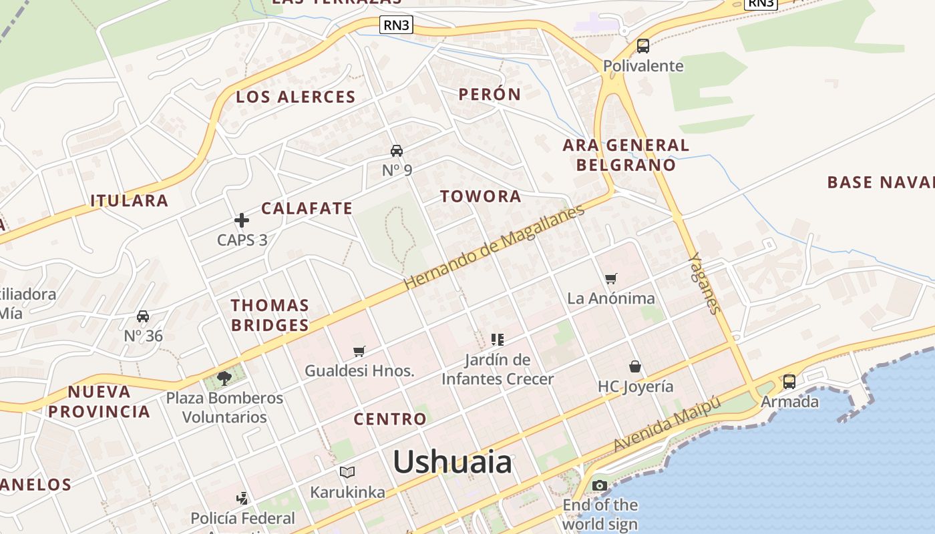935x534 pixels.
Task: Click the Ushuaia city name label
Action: (452, 462)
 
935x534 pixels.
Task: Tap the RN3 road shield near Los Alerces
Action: (397, 25)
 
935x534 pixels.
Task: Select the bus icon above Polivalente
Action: (643, 45)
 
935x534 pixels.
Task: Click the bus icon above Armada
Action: (789, 382)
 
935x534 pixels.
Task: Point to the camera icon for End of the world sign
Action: (600, 485)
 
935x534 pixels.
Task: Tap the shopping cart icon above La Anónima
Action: (611, 278)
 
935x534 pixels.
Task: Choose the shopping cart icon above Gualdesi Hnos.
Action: (359, 351)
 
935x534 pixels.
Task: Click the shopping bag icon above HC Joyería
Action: (635, 366)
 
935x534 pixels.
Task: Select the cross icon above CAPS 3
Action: (242, 220)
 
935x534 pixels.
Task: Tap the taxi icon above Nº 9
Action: (397, 150)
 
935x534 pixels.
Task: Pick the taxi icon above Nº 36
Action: (143, 316)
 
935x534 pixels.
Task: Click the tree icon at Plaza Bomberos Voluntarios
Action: (224, 378)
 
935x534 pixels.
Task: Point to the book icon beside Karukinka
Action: (347, 473)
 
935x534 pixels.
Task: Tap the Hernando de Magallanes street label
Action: (494, 247)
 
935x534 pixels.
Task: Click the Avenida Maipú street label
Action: (667, 424)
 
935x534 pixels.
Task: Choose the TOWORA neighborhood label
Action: (481, 196)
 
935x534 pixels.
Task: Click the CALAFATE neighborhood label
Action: (307, 208)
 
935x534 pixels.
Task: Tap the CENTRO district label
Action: (390, 419)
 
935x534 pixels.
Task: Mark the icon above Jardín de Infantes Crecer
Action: (497, 340)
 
